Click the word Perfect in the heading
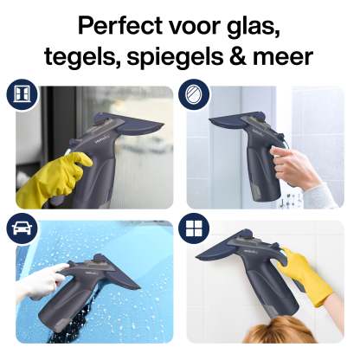coord(120,25)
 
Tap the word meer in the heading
coord(283,58)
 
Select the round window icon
coord(22,94)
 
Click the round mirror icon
coord(194,94)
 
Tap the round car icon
coord(22,228)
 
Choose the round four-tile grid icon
coord(194,228)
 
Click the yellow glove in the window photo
coord(54,179)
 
